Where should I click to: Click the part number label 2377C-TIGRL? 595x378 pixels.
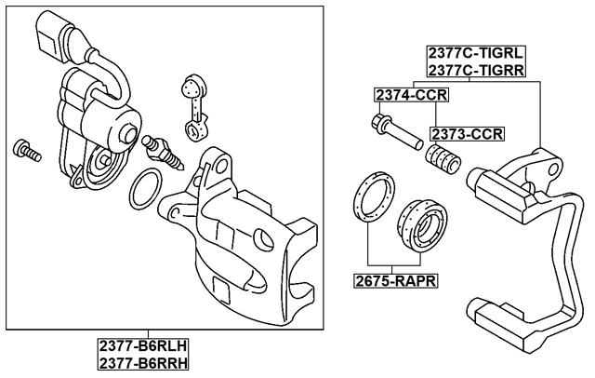tap(475, 53)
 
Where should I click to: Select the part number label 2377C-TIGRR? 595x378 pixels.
tap(475, 70)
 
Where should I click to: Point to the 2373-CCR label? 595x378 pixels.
tap(466, 133)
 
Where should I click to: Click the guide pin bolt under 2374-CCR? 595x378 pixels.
tap(394, 131)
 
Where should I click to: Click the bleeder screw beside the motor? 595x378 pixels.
tap(157, 151)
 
